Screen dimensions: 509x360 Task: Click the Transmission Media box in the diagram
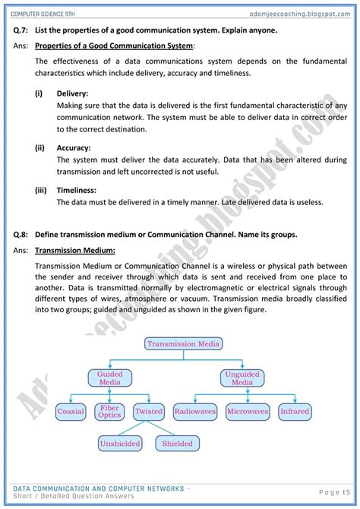pos(184,344)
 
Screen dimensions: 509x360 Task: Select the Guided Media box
pos(109,378)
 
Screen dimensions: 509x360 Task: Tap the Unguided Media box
pos(242,378)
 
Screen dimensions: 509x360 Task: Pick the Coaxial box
pos(71,412)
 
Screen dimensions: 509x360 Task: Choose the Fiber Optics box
pos(109,412)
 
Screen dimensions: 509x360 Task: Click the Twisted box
pos(148,412)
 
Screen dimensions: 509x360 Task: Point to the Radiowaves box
pos(195,412)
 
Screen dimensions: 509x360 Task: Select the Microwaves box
pos(248,412)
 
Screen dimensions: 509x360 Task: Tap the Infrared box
pos(295,412)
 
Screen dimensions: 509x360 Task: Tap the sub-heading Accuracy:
pos(74,148)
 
